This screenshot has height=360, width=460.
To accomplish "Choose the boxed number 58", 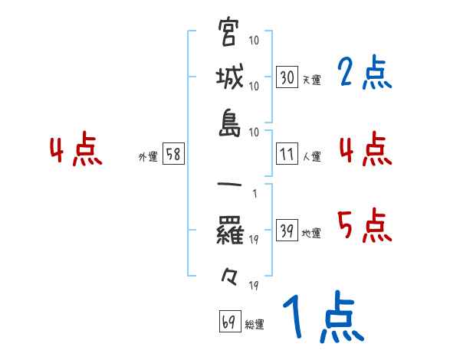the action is pos(172,154).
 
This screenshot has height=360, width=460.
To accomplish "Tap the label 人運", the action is pos(311,156).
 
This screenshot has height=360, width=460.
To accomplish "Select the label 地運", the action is pos(311,234).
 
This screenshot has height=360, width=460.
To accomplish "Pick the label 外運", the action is pos(148,156).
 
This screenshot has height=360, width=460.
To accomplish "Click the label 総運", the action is pos(254,324).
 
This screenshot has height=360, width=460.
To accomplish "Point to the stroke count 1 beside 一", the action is pos(254,194).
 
